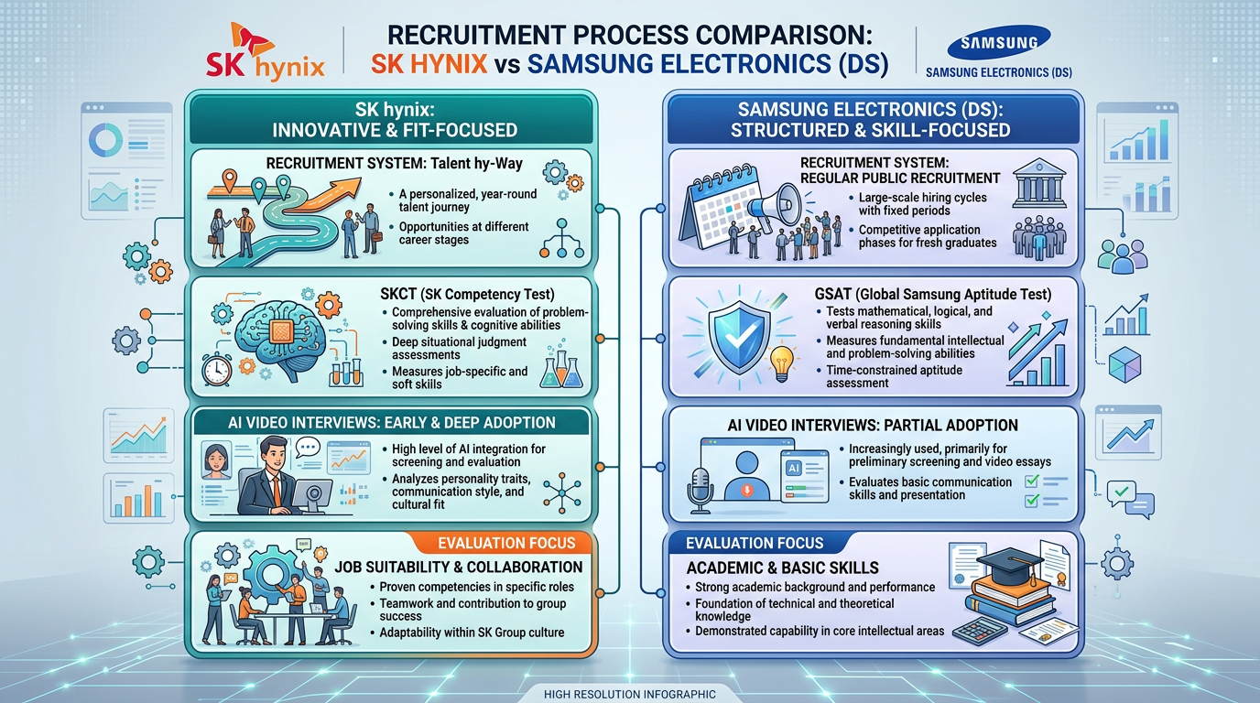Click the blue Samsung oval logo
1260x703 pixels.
(x=998, y=42)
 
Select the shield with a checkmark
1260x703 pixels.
(x=739, y=337)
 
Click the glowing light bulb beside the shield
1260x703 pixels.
(x=782, y=362)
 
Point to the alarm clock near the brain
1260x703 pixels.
(x=216, y=370)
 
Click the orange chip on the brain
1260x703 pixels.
(x=281, y=331)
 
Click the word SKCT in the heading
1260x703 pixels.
(x=398, y=294)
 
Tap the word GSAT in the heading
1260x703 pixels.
(x=833, y=294)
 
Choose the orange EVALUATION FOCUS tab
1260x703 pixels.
(x=502, y=543)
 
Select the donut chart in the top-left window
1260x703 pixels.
(x=105, y=139)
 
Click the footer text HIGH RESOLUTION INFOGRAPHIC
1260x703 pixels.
(x=630, y=694)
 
